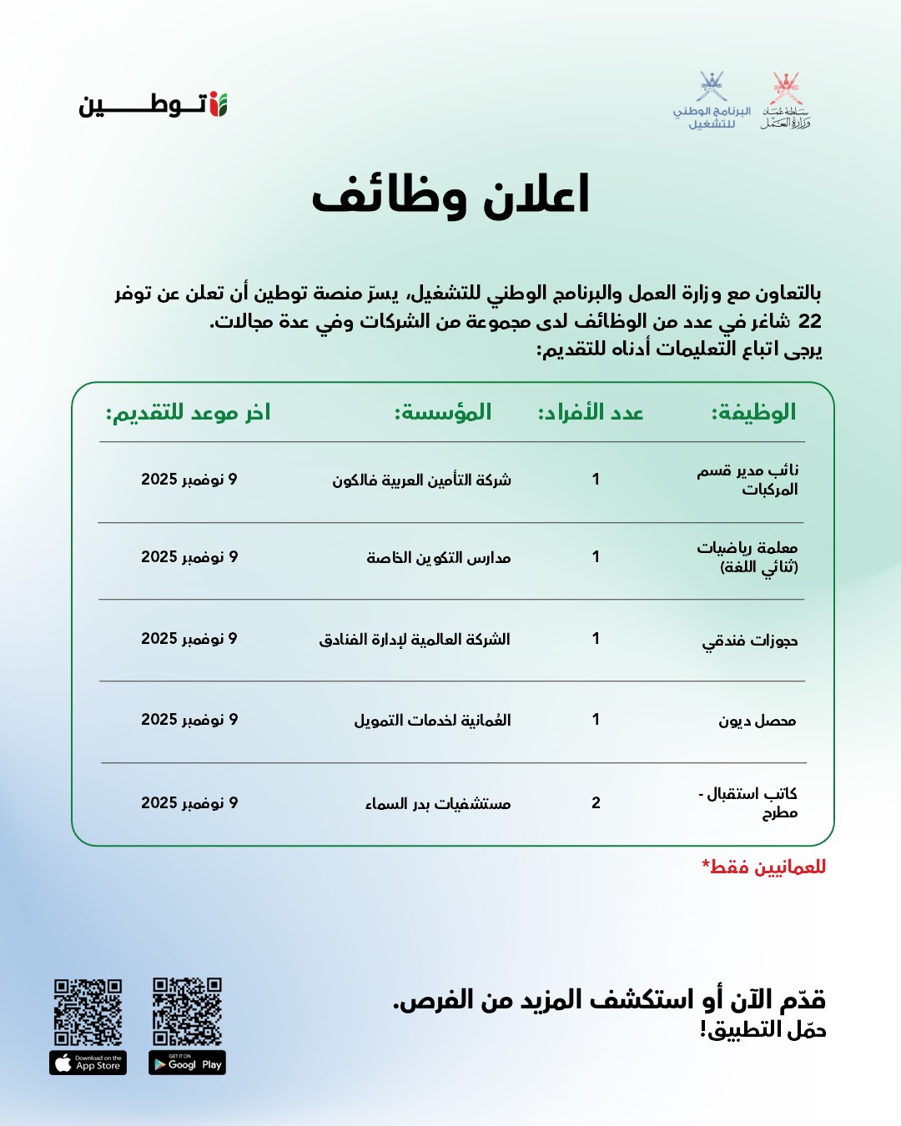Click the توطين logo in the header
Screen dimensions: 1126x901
154,105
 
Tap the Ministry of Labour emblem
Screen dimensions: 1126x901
786,101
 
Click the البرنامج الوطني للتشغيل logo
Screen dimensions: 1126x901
712,101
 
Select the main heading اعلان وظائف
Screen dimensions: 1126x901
450,196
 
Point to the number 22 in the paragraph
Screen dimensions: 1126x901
809,321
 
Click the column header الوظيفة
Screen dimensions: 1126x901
753,412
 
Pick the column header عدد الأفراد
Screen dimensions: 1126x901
591,412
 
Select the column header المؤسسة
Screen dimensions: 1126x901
443,412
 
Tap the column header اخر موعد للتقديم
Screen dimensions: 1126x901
188,412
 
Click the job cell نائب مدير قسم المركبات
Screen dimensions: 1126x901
748,480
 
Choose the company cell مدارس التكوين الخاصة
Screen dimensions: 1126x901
439,557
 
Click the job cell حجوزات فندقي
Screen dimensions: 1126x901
750,640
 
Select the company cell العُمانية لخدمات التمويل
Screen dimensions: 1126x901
432,720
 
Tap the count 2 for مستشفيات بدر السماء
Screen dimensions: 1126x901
596,802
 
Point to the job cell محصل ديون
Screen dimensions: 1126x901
758,720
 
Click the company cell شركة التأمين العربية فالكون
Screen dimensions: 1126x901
422,480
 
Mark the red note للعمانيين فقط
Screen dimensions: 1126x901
764,867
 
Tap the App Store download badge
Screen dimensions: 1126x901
88,1063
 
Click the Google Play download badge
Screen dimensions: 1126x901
187,1063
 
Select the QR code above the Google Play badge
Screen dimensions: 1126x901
187,1011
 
